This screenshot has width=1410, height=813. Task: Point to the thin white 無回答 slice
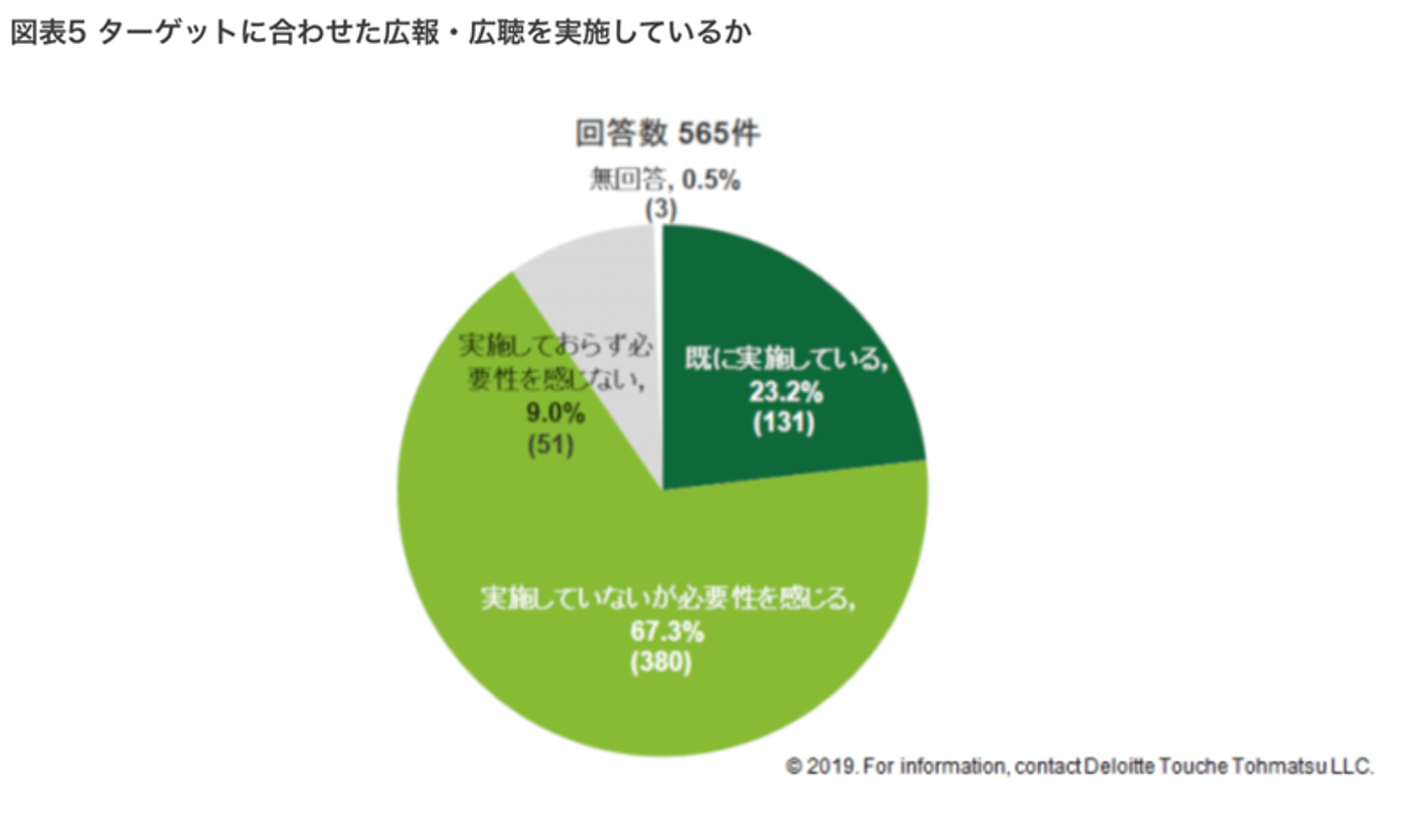pos(658,235)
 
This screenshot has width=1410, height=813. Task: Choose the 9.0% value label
pos(555,414)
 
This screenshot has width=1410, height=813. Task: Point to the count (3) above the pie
pos(660,208)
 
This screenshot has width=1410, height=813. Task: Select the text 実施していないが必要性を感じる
pos(665,598)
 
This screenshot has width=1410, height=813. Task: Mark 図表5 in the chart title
pos(51,32)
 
